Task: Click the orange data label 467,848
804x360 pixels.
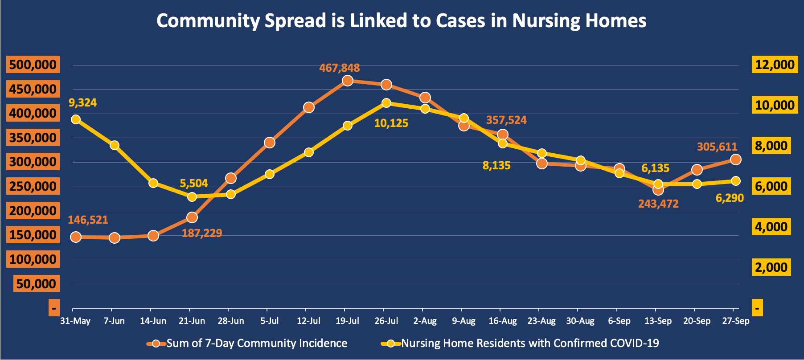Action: [339, 68]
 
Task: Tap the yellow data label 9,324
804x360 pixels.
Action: [82, 103]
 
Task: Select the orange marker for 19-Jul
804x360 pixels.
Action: [348, 81]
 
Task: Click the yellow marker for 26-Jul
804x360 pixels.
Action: [386, 103]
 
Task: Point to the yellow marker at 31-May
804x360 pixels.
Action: [76, 119]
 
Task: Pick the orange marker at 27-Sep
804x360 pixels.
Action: [736, 160]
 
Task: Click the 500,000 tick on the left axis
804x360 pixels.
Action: [33, 65]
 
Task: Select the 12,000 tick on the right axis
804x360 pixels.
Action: [775, 65]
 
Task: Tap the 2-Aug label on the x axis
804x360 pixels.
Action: [425, 321]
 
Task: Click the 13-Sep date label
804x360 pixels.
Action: [658, 321]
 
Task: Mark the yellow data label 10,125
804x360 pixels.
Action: [391, 123]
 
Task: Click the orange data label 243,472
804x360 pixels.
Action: [658, 204]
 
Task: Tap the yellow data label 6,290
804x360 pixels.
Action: [730, 198]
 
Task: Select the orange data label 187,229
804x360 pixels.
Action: [201, 233]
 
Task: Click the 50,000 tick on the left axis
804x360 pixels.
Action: [36, 284]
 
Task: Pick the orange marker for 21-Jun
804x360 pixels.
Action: [192, 217]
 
